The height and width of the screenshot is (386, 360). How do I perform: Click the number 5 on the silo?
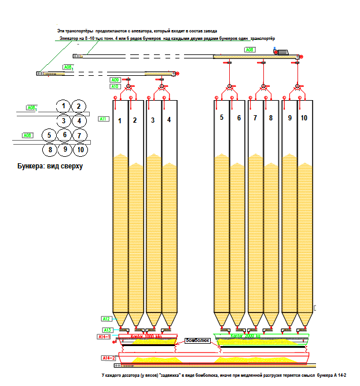click(221, 117)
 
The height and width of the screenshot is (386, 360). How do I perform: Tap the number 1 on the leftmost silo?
click(120, 120)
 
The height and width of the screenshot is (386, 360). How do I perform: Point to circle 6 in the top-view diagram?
click(65, 135)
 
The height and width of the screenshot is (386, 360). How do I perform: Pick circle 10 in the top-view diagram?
click(80, 150)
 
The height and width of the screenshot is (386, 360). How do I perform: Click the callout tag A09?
click(115, 80)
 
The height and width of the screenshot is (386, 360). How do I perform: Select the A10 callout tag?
click(115, 86)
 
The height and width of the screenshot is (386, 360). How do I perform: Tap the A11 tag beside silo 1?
click(104, 119)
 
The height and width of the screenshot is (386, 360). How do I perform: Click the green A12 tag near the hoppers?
click(106, 319)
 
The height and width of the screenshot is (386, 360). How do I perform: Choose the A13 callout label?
click(107, 329)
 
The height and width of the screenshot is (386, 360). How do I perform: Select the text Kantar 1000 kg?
click(145, 336)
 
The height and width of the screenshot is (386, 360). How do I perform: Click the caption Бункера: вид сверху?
click(51, 166)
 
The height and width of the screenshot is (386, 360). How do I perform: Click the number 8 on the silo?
click(271, 117)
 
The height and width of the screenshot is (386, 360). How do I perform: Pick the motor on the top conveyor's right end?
click(283, 52)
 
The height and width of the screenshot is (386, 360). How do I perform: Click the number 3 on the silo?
click(153, 120)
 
